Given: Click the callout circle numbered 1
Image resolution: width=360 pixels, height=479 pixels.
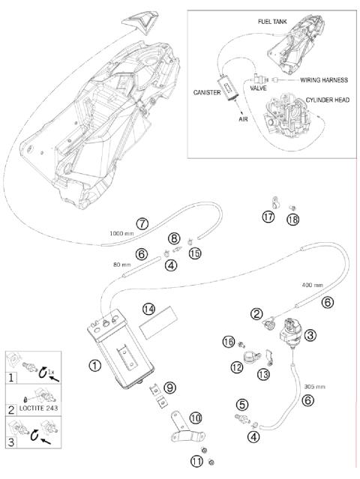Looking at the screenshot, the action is pos(94,365).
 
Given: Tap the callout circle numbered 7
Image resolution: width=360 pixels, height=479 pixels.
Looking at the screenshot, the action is pos(142,224).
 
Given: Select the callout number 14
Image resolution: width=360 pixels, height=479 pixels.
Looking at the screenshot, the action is pos(148,310).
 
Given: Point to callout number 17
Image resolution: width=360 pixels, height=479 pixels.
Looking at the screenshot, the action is pos(268,217).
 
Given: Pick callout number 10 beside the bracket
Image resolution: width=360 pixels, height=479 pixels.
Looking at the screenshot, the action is pos(196,418).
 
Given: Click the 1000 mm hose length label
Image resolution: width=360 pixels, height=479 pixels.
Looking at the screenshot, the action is pos(121,233).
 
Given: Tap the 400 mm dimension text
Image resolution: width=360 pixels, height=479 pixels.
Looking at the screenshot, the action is pos(312,285).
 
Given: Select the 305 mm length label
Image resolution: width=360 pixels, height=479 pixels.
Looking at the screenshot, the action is pos(315,387).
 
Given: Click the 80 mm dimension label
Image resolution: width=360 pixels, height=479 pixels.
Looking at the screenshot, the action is pos(122,265).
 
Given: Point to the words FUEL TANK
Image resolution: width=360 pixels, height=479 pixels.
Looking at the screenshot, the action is pos(272,22).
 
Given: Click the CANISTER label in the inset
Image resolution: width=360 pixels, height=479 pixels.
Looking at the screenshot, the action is pos(207,92).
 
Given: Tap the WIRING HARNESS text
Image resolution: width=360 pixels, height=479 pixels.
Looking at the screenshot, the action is pos(324,80).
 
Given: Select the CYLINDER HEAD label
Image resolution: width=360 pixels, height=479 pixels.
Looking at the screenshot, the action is pos(328,100).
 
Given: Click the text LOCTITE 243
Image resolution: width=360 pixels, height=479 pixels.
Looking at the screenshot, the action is pos(38,408).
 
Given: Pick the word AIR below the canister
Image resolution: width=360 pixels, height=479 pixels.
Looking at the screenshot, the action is pos(243,119).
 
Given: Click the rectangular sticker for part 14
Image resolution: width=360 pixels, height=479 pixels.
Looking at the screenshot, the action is pos(158,322).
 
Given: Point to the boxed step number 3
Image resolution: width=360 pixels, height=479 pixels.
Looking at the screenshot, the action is pos(11,442).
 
